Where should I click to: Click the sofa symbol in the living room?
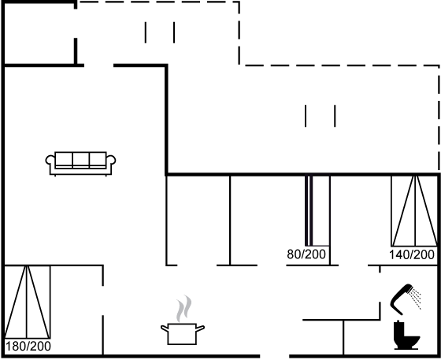click(80, 164)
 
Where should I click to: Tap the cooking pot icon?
click(183, 334)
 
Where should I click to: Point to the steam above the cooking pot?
click(184, 308)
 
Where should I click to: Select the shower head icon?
click(402, 299)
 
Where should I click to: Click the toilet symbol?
click(406, 336)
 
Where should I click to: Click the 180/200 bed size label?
click(28, 347)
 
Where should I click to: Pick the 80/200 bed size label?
click(306, 254)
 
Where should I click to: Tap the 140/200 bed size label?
click(412, 254)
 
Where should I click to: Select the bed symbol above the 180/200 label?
click(28, 302)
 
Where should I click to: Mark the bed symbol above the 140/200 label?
click(415, 211)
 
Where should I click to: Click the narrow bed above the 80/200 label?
click(317, 210)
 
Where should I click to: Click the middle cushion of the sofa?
click(81, 160)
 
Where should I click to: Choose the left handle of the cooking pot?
click(165, 328)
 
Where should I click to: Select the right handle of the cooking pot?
click(200, 328)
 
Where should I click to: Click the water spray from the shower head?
click(416, 299)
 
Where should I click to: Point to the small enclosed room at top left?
click(39, 34)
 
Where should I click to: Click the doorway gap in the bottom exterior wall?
click(275, 356)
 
